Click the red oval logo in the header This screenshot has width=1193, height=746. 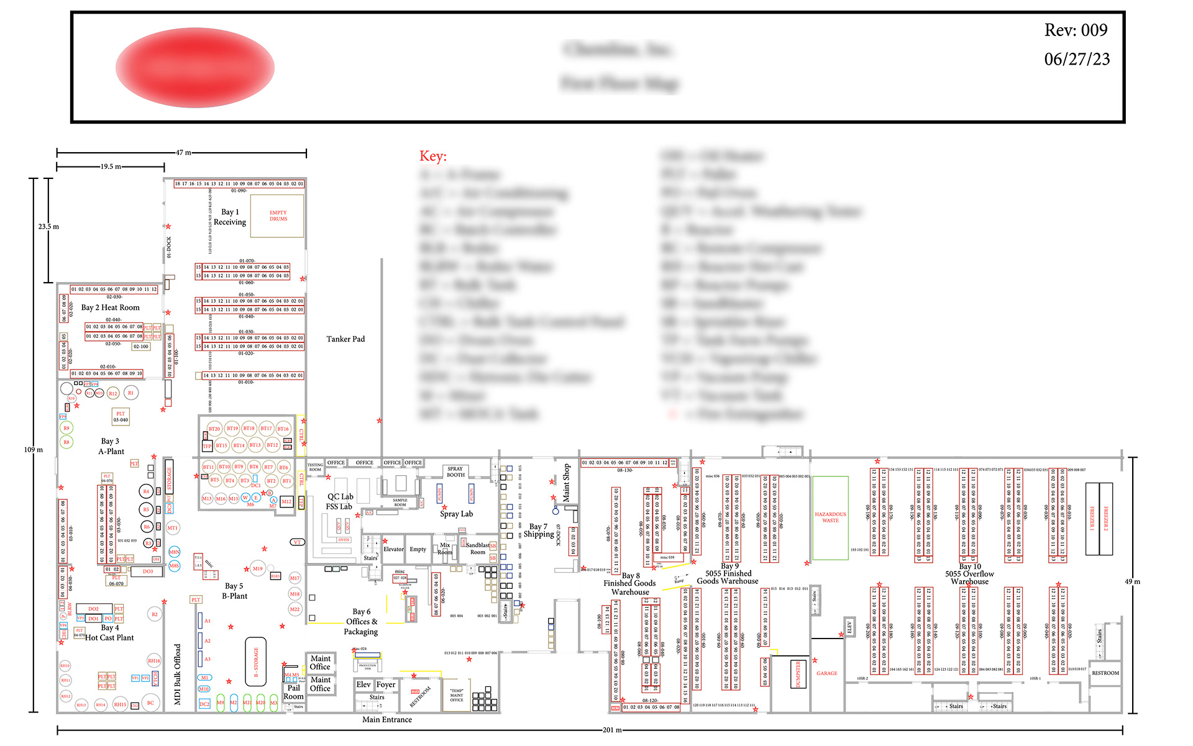pyautogui.click(x=194, y=67)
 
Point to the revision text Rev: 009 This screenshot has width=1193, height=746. pyautogui.click(x=1076, y=30)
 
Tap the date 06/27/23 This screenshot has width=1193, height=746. pyautogui.click(x=1077, y=59)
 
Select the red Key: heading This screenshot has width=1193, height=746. pyautogui.click(x=432, y=157)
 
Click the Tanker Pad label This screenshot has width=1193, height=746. pyautogui.click(x=345, y=339)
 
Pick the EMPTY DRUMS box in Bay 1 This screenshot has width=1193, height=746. pyautogui.click(x=278, y=216)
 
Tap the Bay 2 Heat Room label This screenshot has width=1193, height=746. pyautogui.click(x=111, y=307)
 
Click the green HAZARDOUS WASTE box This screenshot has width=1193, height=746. pyautogui.click(x=830, y=517)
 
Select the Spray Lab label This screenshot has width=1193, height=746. pyautogui.click(x=456, y=514)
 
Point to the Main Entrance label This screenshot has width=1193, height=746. pyautogui.click(x=387, y=720)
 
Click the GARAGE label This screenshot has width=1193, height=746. pyautogui.click(x=826, y=673)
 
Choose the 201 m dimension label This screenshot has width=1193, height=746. pyautogui.click(x=612, y=730)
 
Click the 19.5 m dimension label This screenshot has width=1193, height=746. pyautogui.click(x=111, y=166)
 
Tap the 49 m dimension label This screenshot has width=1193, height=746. pyautogui.click(x=1132, y=582)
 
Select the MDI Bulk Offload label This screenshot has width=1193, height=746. pyautogui.click(x=177, y=674)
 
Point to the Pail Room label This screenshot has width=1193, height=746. pyautogui.click(x=293, y=692)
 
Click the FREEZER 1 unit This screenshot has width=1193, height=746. pyautogui.click(x=1092, y=519)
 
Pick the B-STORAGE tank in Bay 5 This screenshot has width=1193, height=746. pyautogui.click(x=255, y=662)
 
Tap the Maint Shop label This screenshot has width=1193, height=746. pyautogui.click(x=566, y=483)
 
